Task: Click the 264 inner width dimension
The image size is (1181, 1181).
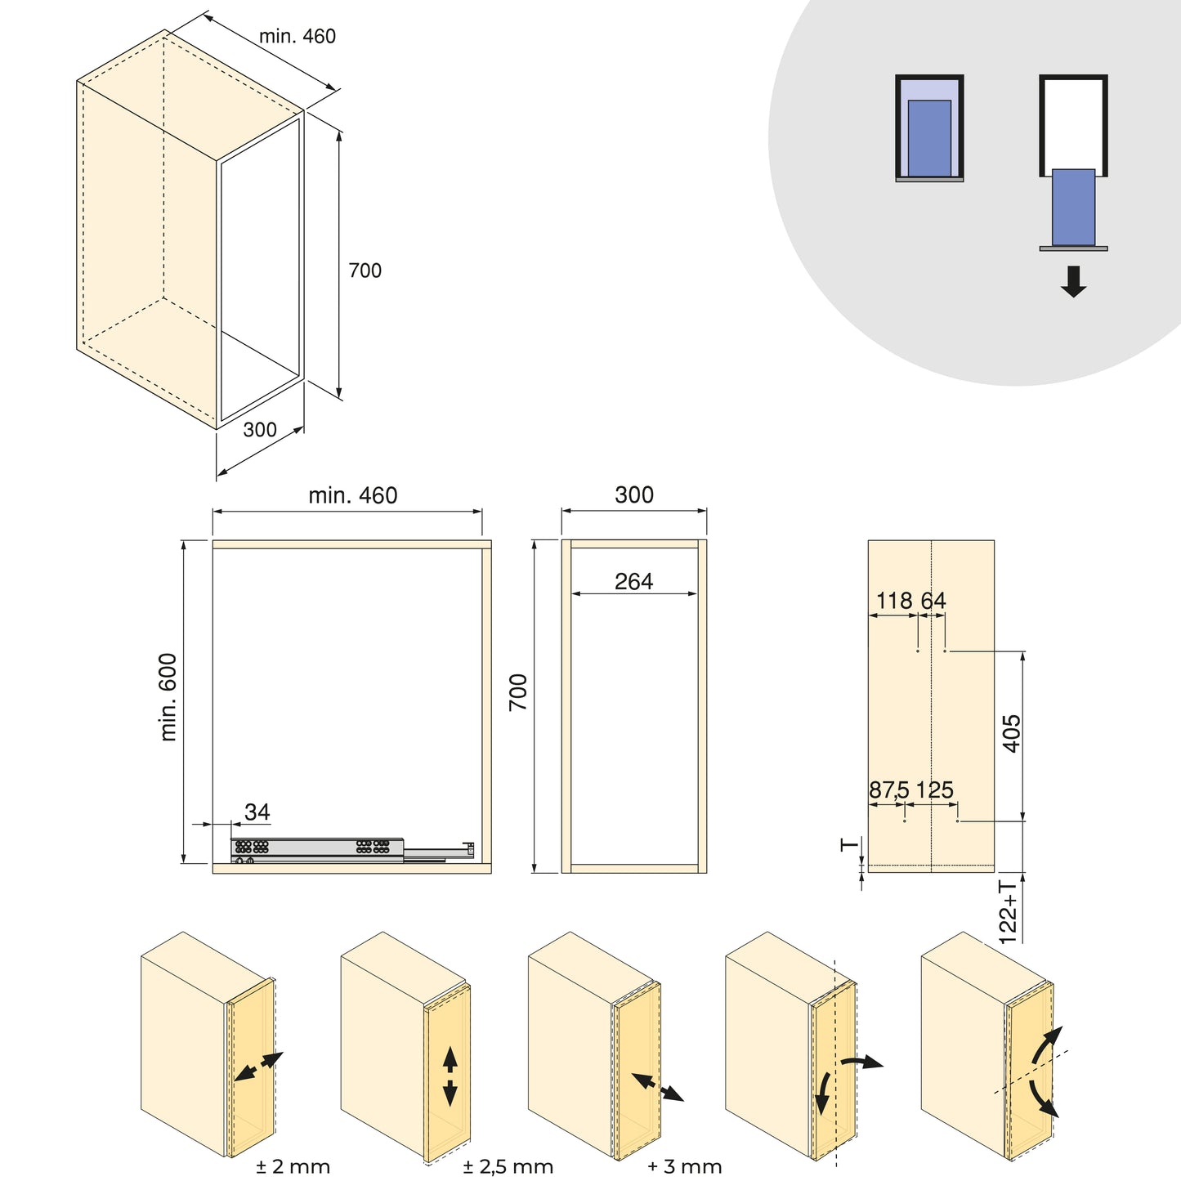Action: (633, 581)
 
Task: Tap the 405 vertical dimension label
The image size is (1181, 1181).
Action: (1011, 733)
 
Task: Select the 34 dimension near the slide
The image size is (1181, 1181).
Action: (257, 812)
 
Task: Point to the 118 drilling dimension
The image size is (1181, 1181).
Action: (893, 601)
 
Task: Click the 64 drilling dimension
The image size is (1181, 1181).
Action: (933, 601)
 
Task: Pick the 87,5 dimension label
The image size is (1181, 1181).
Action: (888, 790)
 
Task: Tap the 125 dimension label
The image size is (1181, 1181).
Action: (934, 790)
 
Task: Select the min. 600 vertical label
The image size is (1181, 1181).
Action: (168, 697)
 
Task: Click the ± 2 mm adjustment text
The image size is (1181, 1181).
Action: (293, 1166)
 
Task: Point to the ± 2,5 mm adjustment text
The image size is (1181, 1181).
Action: (508, 1166)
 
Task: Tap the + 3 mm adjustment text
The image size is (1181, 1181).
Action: (684, 1166)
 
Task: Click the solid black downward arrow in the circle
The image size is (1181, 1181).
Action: (1073, 281)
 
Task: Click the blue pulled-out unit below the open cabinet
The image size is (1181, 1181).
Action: (1073, 207)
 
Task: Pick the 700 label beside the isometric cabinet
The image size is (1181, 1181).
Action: (365, 271)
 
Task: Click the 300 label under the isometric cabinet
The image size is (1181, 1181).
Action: (260, 429)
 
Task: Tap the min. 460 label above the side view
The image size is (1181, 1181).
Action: (352, 495)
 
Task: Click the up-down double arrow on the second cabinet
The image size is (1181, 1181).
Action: (450, 1076)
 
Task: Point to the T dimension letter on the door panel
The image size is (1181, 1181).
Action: (850, 844)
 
